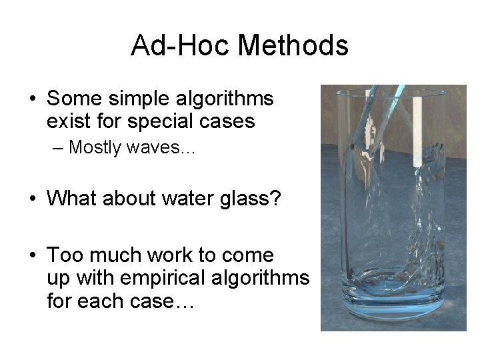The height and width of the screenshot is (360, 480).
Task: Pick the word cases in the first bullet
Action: pyautogui.click(x=230, y=122)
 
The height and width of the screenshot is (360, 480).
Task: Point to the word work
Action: pyautogui.click(x=161, y=255)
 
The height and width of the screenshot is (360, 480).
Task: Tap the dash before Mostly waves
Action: pyautogui.click(x=58, y=147)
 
